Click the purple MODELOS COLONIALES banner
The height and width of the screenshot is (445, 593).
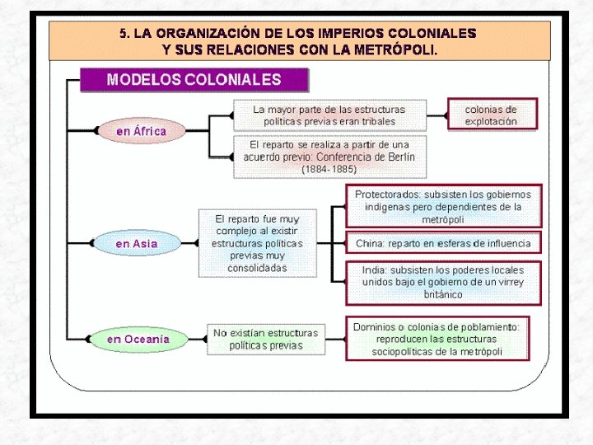[194, 80]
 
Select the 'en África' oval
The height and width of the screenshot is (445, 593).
[141, 131]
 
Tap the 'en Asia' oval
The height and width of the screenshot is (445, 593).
[136, 244]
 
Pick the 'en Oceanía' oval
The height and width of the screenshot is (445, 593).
[138, 339]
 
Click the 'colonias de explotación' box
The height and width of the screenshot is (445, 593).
[491, 115]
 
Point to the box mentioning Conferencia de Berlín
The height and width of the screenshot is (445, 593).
[329, 157]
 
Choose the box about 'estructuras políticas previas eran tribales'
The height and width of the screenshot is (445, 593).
[329, 115]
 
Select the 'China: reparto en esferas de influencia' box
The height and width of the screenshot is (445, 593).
[443, 244]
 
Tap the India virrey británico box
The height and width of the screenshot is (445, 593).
[443, 282]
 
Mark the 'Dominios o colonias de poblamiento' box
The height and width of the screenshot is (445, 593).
[437, 339]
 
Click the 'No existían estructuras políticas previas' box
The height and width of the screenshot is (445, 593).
[265, 339]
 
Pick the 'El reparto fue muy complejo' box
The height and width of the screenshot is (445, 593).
[257, 244]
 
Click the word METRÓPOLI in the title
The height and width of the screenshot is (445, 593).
[398, 49]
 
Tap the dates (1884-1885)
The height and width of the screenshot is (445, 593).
[329, 169]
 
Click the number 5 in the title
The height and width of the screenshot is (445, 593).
[124, 34]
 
